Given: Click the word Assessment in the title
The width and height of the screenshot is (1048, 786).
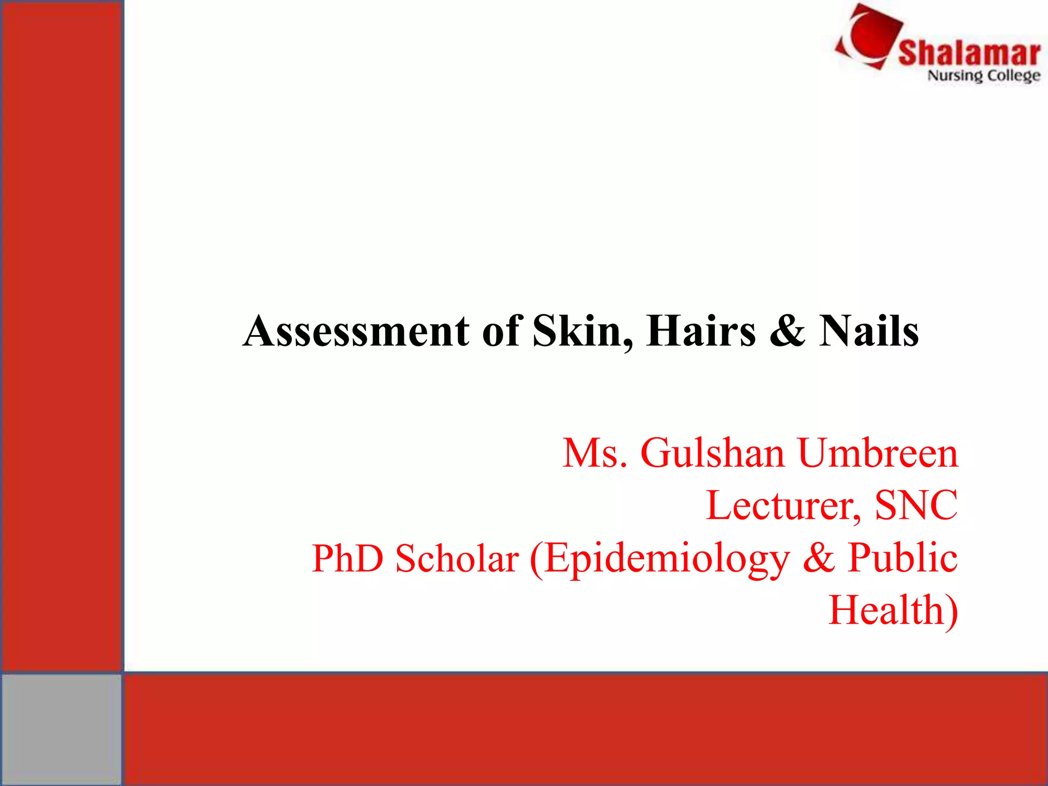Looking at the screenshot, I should click(356, 332).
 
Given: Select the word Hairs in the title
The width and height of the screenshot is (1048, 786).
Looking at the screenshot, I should click(701, 332).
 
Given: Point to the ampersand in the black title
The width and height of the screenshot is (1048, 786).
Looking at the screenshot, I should click(787, 332).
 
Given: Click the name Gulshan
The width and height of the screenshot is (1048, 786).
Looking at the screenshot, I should click(712, 453).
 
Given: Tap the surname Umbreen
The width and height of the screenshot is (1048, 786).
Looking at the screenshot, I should click(878, 453).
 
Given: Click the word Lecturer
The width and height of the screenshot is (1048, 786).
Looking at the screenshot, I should click(783, 506).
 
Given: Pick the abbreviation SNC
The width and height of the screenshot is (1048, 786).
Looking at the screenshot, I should click(916, 506).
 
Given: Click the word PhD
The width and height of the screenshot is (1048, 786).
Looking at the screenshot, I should click(347, 558).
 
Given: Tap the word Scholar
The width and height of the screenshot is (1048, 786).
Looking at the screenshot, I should click(457, 558).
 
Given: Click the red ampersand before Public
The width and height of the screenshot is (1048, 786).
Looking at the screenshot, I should click(819, 558).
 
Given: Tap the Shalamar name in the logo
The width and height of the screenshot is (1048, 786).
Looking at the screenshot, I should click(969, 53).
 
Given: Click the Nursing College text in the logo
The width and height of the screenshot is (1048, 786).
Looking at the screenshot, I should click(984, 76).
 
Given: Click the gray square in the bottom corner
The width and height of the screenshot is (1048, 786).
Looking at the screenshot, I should click(61, 729).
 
